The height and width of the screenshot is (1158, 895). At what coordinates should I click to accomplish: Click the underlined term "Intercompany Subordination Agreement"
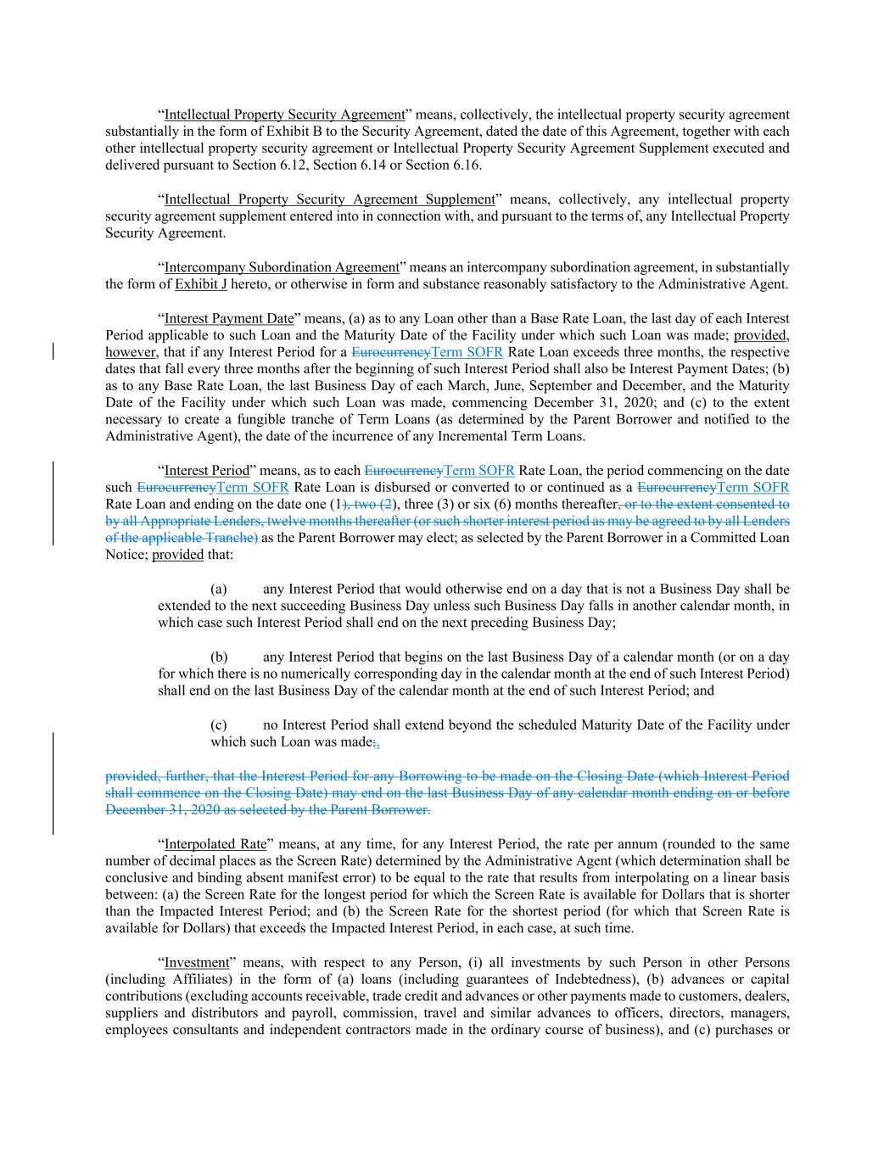[282, 267]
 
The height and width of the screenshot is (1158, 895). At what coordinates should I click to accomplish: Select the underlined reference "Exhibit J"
[200, 284]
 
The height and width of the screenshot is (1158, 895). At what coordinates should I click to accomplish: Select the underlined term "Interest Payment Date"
[229, 318]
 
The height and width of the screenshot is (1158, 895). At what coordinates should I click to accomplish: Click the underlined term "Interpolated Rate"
[215, 844]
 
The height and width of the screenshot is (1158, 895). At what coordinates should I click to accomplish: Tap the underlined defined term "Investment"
[197, 963]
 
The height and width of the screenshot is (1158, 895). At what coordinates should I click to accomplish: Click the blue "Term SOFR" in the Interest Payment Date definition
[467, 352]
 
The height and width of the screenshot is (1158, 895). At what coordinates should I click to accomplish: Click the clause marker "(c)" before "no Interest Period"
[219, 725]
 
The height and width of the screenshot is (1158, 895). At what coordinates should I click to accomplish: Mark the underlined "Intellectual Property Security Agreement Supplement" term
[329, 199]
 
